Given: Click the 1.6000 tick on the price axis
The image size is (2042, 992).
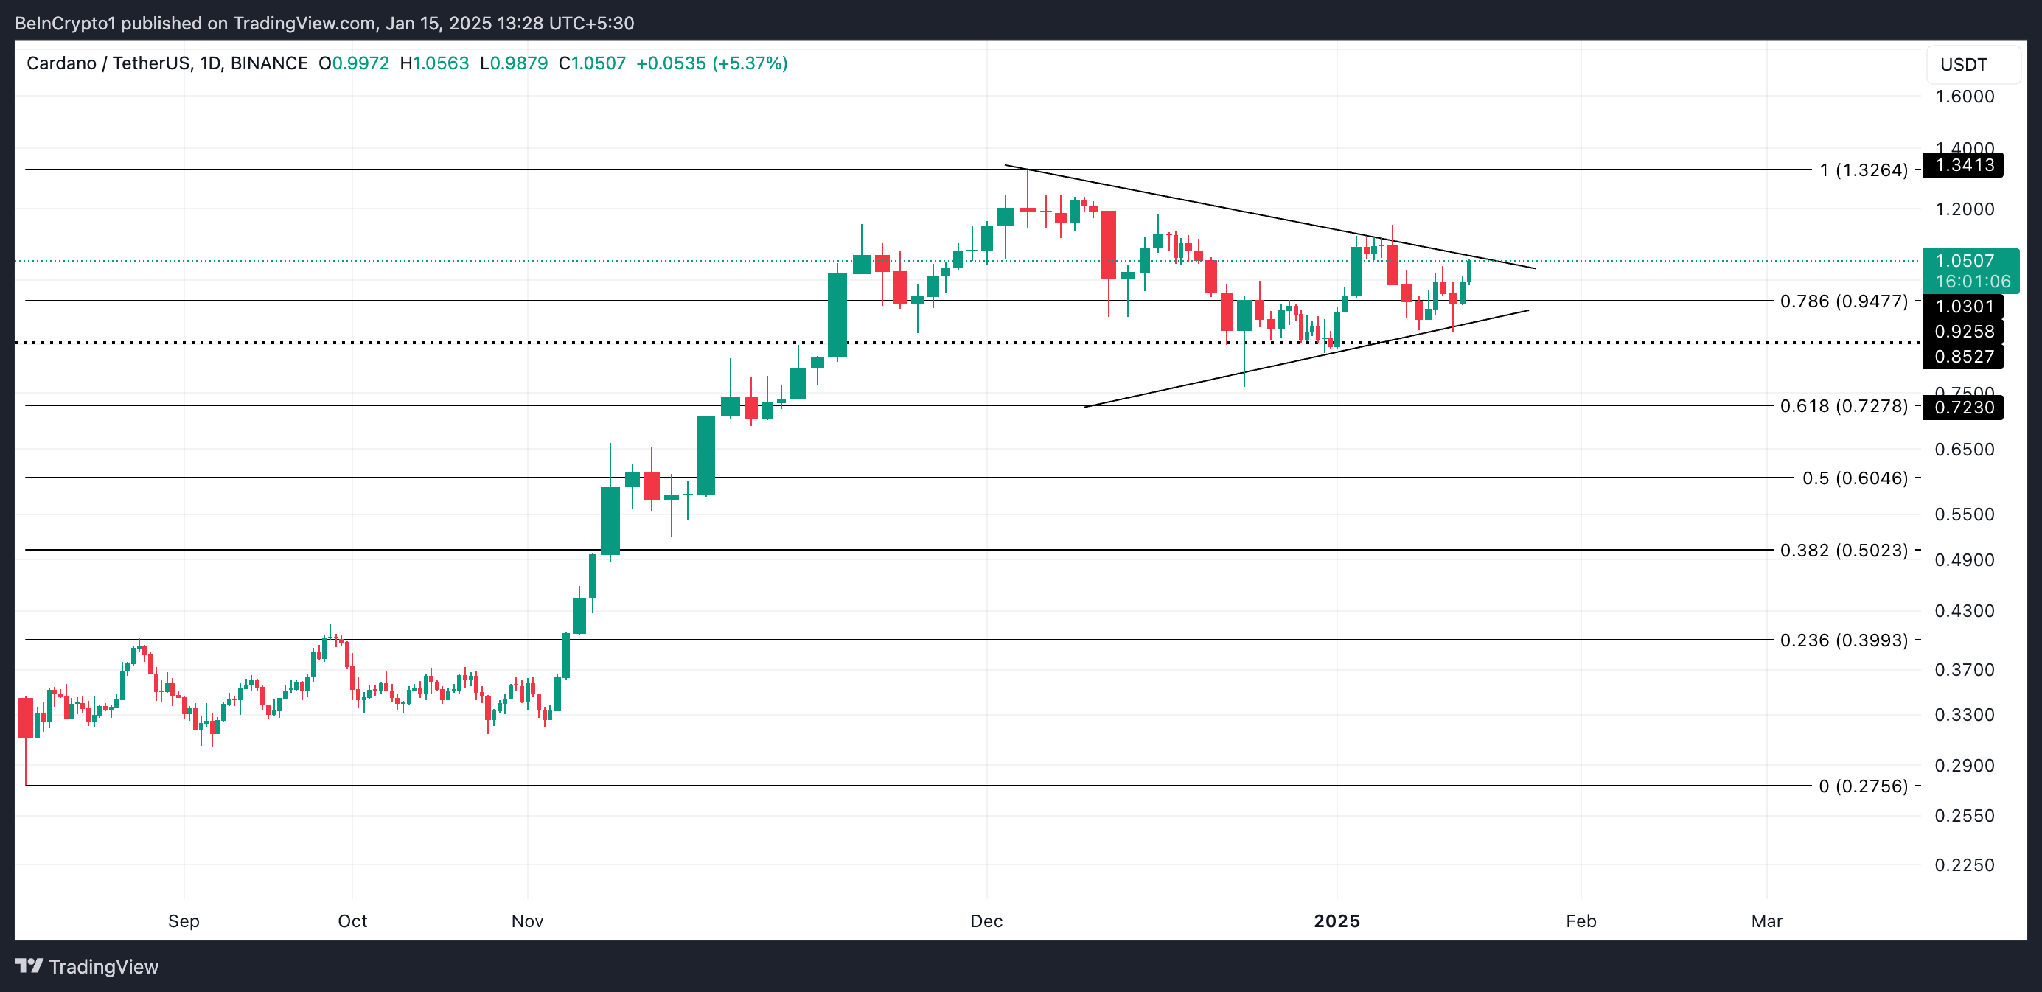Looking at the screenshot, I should (x=1964, y=97).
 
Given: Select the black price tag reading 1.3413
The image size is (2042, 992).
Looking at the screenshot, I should (x=1964, y=165).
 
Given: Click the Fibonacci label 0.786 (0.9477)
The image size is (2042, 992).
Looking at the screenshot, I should (x=1843, y=301).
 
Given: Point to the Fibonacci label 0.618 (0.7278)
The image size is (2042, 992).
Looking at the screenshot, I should (x=1843, y=405).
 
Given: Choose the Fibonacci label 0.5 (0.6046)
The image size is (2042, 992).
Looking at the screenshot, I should (x=1854, y=478).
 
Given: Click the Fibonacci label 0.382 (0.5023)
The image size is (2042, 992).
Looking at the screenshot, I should (x=1843, y=550).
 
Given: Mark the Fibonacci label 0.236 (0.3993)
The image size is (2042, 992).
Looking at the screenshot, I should (x=1843, y=640).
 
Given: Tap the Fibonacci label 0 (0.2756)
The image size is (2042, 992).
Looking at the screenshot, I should (x=1862, y=786).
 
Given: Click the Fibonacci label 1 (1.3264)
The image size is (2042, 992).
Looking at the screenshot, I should (x=1863, y=170).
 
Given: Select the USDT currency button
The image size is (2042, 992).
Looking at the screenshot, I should (x=1964, y=65).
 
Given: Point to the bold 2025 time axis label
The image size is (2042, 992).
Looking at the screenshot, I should (x=1337, y=921).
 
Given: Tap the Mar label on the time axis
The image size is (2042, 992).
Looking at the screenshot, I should (x=1766, y=921).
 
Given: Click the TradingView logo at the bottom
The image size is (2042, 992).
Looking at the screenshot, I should (x=87, y=967).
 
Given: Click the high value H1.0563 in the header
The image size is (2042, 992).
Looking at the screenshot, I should (x=434, y=63).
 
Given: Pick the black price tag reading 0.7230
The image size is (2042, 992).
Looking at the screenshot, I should (x=1964, y=408).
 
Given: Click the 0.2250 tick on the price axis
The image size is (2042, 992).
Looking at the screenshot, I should (x=1964, y=864).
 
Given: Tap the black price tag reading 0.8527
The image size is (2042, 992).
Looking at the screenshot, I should (x=1964, y=357).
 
